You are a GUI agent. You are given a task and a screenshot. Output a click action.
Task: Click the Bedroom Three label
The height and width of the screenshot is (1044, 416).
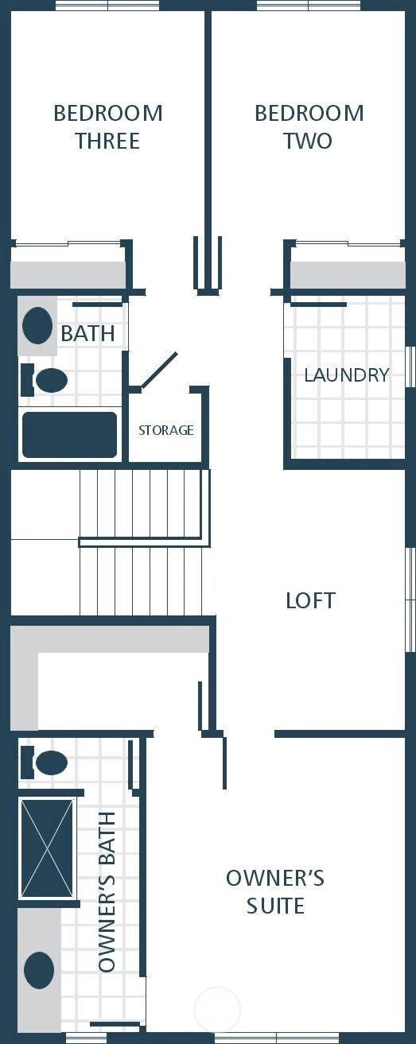(108, 127)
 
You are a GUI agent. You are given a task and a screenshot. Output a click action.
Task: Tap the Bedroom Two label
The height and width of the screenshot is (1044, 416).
(309, 127)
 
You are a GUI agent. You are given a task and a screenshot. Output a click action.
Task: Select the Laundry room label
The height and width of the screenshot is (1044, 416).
(347, 375)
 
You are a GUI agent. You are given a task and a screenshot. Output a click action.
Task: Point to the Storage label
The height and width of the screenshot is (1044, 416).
(166, 429)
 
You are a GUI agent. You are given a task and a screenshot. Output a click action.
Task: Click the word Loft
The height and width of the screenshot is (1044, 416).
(310, 601)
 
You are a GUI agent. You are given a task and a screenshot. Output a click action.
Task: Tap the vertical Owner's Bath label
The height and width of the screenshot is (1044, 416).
(107, 891)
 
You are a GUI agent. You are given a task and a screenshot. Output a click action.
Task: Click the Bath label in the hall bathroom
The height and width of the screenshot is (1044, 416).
(88, 333)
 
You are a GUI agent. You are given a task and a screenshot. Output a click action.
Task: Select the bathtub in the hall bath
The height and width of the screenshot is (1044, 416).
(69, 435)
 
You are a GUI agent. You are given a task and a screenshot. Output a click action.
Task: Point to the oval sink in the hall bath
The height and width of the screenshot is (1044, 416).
(37, 326)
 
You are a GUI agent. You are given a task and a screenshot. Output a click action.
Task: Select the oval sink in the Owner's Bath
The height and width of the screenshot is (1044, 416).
(39, 969)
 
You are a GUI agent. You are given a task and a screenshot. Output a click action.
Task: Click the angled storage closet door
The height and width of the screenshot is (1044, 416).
(159, 370)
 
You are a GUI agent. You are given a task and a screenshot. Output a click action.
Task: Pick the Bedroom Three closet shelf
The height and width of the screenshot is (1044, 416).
(68, 274)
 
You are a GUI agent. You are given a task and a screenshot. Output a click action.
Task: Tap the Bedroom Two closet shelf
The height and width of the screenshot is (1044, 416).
(348, 274)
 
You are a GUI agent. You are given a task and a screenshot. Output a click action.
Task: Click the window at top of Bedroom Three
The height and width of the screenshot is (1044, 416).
(107, 5)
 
